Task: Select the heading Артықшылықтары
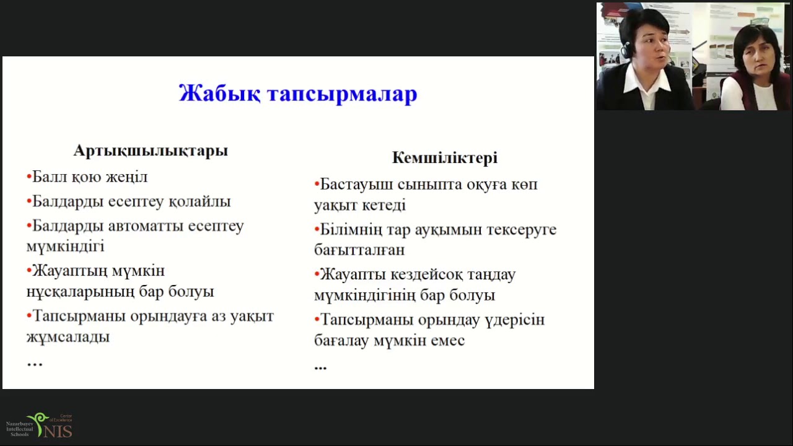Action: tap(151, 151)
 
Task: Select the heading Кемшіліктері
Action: tap(444, 158)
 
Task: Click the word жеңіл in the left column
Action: tap(127, 177)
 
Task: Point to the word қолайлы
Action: tap(199, 202)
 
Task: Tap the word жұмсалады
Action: tap(68, 337)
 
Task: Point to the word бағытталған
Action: tap(359, 250)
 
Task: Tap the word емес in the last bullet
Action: tap(447, 341)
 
